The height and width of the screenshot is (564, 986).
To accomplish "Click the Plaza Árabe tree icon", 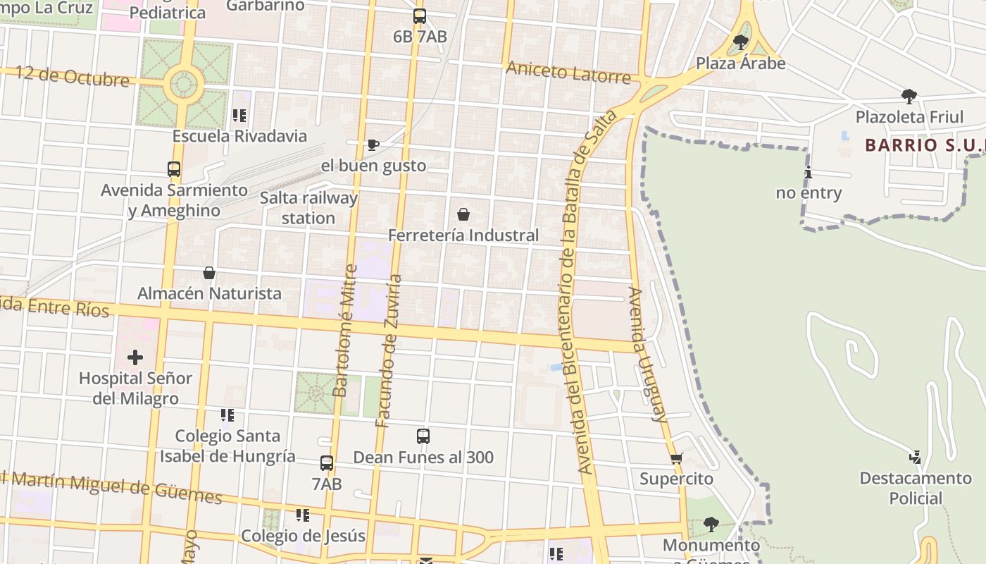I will pyautogui.click(x=740, y=42).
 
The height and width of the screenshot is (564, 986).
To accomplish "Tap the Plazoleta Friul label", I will pyautogui.click(x=909, y=116).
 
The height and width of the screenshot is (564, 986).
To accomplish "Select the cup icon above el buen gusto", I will pyautogui.click(x=373, y=145).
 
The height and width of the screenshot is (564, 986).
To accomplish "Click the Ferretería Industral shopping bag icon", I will pyautogui.click(x=463, y=214).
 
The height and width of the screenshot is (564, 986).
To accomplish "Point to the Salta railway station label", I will pyautogui.click(x=308, y=208).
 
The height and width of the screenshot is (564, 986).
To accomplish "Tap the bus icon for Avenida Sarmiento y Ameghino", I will pyautogui.click(x=174, y=169).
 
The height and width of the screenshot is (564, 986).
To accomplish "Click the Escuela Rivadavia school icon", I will pyautogui.click(x=239, y=115).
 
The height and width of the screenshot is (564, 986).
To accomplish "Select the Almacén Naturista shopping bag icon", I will pyautogui.click(x=209, y=273).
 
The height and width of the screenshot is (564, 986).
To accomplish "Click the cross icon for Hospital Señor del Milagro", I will pyautogui.click(x=135, y=357).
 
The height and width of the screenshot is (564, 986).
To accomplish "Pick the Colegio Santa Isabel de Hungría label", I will pyautogui.click(x=227, y=446).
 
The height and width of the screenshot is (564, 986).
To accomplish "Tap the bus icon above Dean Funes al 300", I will pyautogui.click(x=423, y=436).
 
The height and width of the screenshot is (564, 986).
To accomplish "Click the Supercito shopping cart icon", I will pyautogui.click(x=676, y=459).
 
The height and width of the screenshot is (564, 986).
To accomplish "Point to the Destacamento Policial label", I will pyautogui.click(x=915, y=488).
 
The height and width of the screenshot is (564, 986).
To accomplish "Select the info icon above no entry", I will pyautogui.click(x=809, y=173).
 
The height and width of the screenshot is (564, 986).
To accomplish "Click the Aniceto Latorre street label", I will pyautogui.click(x=568, y=72).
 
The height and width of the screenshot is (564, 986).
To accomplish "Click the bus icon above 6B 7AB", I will pyautogui.click(x=420, y=16).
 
